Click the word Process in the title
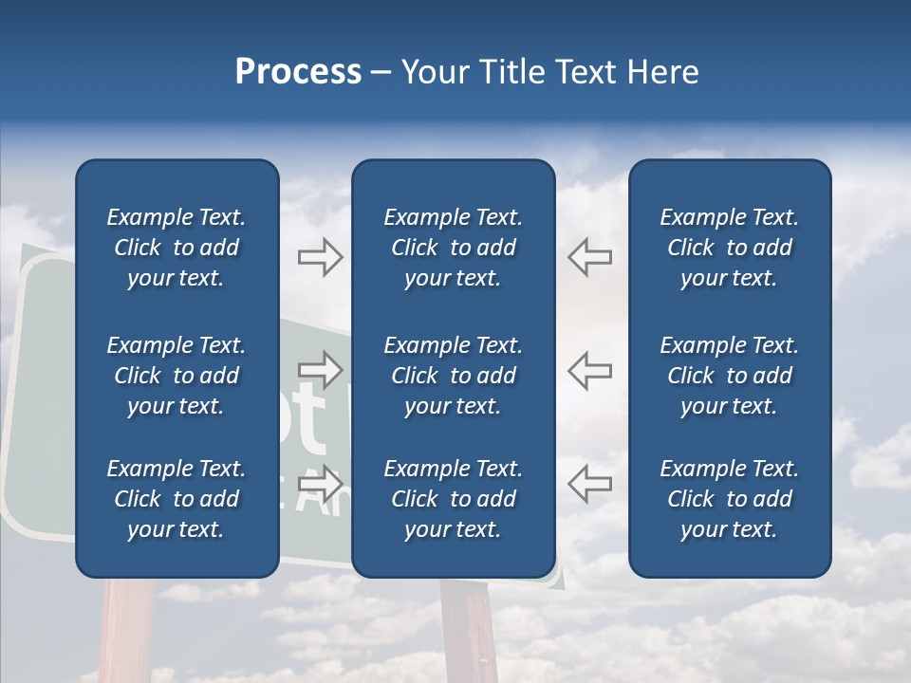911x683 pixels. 298,72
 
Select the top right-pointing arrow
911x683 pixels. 321,256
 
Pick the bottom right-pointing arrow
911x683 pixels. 321,483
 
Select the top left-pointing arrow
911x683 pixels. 589,256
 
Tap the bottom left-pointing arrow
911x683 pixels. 589,483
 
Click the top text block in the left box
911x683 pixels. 177,248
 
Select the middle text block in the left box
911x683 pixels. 177,376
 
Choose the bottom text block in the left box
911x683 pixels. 177,499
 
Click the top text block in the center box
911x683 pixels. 453,248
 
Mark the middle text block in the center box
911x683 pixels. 453,376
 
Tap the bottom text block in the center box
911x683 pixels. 453,499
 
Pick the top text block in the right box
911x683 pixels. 729,248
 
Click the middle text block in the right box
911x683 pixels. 729,376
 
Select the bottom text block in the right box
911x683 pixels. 729,499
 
